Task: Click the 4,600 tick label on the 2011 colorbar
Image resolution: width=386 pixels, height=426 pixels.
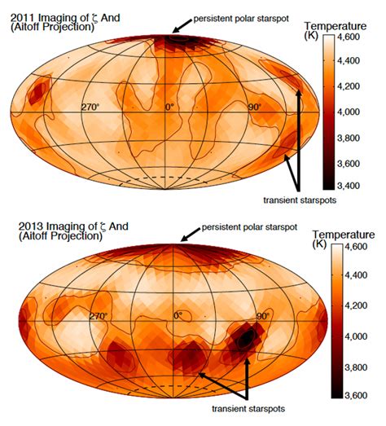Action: click(x=348, y=37)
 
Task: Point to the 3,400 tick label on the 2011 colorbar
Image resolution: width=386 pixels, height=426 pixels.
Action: click(x=348, y=186)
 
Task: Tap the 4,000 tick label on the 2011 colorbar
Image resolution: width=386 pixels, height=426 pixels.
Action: click(x=348, y=112)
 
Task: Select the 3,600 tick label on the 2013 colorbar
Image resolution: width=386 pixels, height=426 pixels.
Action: click(x=356, y=395)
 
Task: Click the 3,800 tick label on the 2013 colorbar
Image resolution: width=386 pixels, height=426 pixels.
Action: click(x=356, y=367)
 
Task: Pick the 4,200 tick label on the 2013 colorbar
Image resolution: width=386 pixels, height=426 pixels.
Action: click(x=356, y=305)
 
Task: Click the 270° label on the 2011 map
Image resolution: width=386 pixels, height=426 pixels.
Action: click(x=90, y=107)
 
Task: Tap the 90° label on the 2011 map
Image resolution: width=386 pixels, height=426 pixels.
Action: click(x=255, y=107)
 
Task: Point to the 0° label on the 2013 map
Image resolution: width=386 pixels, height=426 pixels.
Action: click(x=178, y=316)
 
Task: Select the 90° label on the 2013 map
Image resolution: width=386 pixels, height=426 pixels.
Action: click(x=263, y=316)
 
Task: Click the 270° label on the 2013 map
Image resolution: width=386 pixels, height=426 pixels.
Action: click(x=99, y=316)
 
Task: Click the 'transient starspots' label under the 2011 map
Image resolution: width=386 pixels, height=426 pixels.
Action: click(x=300, y=200)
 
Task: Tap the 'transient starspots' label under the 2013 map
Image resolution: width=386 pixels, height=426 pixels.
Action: click(x=248, y=409)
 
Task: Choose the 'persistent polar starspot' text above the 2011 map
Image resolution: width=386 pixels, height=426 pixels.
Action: click(x=241, y=19)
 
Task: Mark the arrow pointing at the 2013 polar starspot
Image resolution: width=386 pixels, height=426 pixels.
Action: click(x=191, y=235)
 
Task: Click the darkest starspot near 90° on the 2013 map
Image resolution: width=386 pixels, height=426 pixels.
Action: click(x=246, y=338)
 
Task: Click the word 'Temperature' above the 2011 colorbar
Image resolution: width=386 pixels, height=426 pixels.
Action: click(x=336, y=26)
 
